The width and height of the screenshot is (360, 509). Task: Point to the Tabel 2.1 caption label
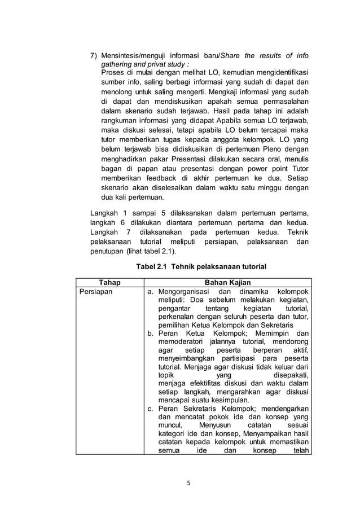point(152,266)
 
